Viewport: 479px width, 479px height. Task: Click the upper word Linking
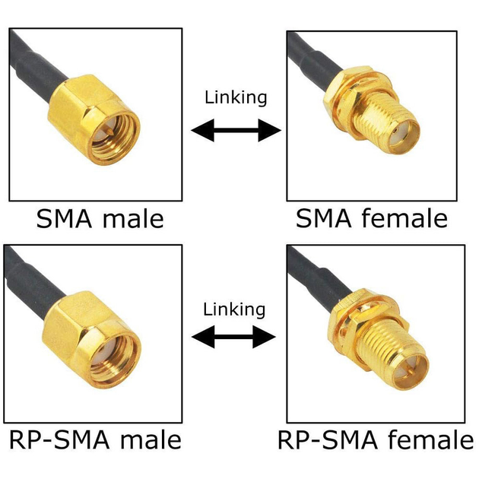pos(236,98)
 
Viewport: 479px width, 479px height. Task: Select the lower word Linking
pos(234,309)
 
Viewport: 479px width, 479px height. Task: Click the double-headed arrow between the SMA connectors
pos(236,131)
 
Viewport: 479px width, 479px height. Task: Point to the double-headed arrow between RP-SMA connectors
pos(233,337)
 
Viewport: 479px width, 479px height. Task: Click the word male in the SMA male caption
pos(133,219)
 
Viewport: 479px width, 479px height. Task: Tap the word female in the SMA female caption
pos(404,218)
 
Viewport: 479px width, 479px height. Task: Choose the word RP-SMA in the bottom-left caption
pos(59,440)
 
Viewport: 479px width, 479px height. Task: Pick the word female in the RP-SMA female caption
pos(431,440)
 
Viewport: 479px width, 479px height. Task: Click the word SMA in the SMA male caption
pos(64,219)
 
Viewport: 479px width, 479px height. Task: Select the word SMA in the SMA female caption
pos(324,218)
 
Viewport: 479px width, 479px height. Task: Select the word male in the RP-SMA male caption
pos(151,440)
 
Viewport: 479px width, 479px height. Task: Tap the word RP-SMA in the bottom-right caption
pos(328,440)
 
